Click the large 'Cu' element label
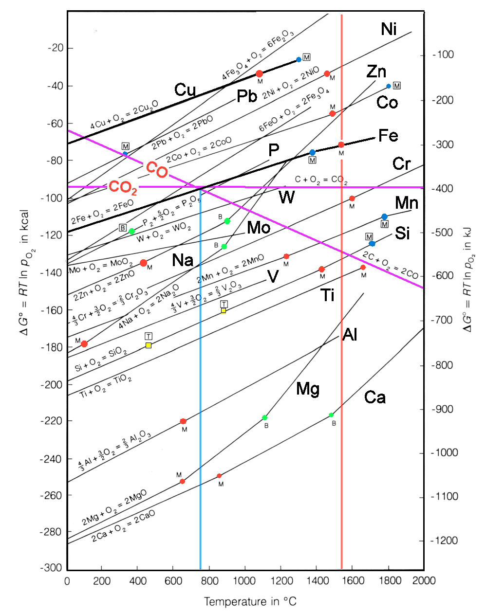185,90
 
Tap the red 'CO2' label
122,187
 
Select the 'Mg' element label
308,389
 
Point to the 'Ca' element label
375,397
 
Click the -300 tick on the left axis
52,568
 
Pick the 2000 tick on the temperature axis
424,580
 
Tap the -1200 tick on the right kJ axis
444,541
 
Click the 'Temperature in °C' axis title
250,602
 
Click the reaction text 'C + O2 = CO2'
321,180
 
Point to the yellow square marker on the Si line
149,345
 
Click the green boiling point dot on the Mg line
264,418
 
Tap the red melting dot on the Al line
183,421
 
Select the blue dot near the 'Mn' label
384,217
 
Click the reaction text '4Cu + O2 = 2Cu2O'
124,115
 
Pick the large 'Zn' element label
376,72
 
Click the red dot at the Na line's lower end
84,344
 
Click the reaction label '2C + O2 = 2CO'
390,266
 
